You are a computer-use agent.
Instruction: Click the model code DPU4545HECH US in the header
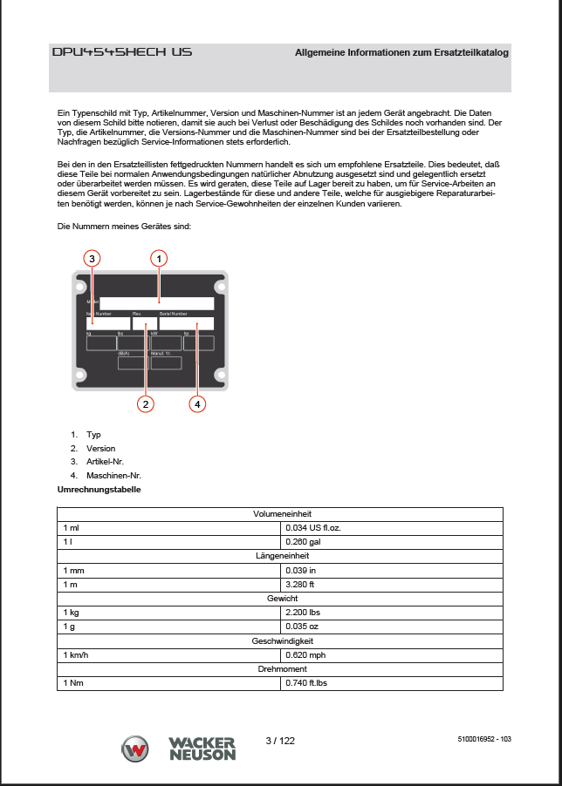(121, 52)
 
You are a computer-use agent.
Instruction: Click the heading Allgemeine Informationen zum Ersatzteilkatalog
(401, 53)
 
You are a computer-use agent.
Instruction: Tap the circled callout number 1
(158, 258)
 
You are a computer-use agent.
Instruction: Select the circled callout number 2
(146, 403)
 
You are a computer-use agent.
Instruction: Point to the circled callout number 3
(92, 258)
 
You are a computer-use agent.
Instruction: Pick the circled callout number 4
(198, 403)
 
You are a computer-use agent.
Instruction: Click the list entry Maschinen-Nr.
(113, 476)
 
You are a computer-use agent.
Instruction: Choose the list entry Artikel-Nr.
(106, 462)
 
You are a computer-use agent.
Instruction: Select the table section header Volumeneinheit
(282, 514)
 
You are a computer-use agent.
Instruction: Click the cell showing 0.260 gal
(303, 542)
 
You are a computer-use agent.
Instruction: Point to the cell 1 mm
(74, 570)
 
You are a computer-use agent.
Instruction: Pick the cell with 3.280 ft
(300, 584)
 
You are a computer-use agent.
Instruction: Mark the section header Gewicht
(282, 599)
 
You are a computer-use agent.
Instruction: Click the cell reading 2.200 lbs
(304, 613)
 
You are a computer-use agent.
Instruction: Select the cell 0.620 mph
(305, 654)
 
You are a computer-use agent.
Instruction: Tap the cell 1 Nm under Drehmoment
(73, 682)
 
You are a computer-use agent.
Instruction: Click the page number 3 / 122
(280, 741)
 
